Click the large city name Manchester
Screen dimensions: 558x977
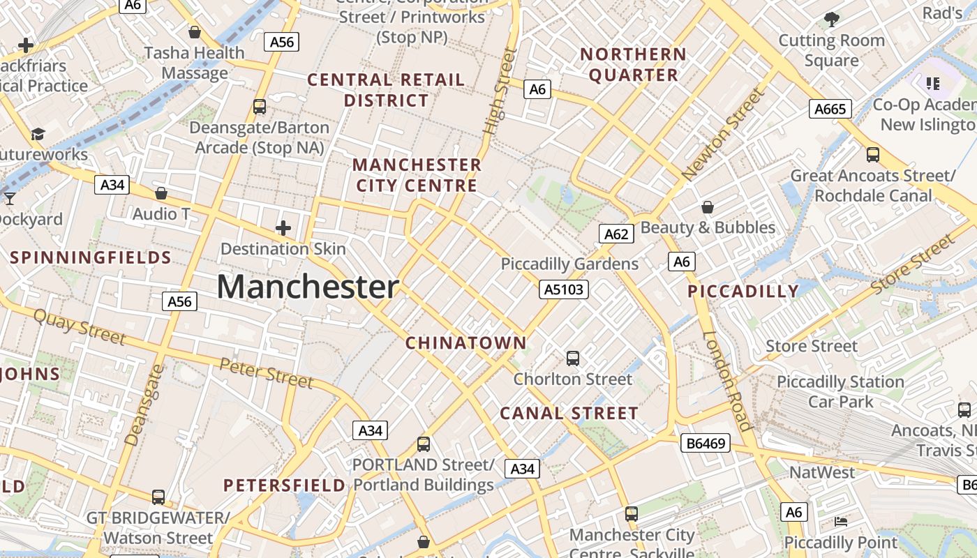coord(308,287)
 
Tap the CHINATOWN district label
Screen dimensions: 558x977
coord(466,342)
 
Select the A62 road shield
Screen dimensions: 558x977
coord(616,234)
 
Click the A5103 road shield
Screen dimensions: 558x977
coord(564,289)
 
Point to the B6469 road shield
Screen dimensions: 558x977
coord(706,442)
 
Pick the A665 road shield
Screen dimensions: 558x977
coord(830,108)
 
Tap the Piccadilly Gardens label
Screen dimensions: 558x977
coord(569,264)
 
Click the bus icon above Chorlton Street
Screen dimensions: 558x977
coord(573,359)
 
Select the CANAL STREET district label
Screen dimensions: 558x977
coord(569,413)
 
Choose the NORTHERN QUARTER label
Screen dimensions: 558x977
coord(634,64)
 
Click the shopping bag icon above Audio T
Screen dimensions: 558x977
coord(161,193)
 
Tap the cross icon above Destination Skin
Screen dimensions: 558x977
coord(283,228)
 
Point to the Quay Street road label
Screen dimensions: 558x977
coord(80,326)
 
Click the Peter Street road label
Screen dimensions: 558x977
coord(266,371)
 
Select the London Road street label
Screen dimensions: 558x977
coord(726,380)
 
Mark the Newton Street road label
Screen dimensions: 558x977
coord(724,135)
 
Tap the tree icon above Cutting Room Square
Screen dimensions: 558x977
coord(831,19)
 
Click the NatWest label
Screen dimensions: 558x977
coord(821,472)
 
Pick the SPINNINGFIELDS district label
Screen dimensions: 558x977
coord(91,257)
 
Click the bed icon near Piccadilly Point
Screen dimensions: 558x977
coord(841,521)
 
